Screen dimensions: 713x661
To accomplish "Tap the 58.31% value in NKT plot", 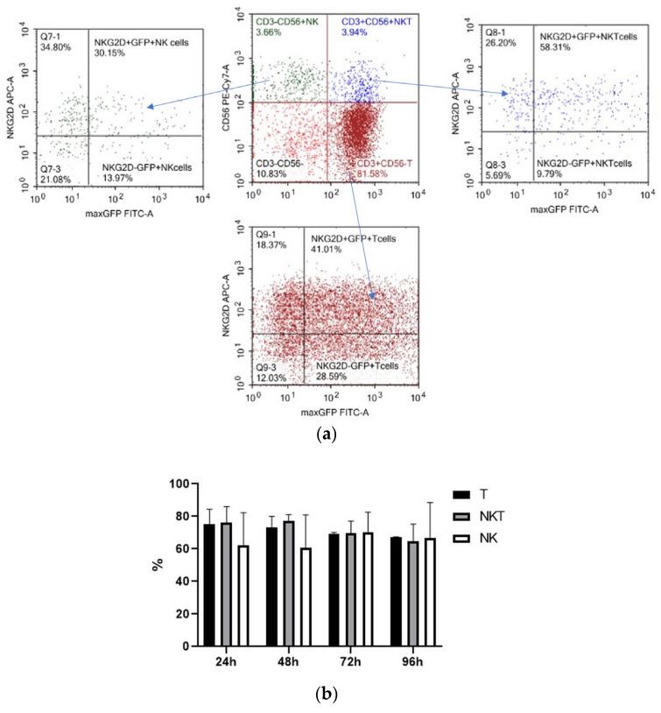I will pos(555,47).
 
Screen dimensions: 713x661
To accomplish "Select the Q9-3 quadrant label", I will pos(270,365).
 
